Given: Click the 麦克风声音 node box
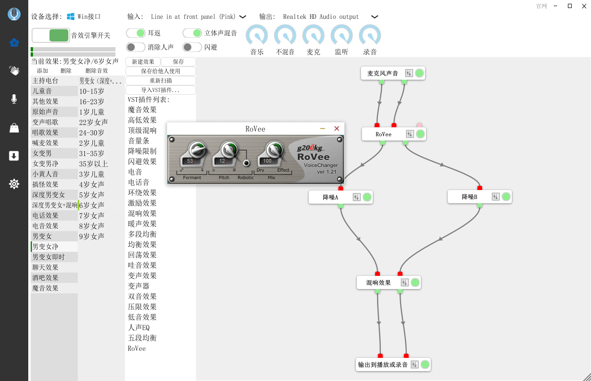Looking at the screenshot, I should pos(383,73).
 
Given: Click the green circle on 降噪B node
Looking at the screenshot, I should pos(506,197).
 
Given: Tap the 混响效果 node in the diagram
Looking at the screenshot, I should pos(378,282).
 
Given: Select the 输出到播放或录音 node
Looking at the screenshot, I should pos(383,364).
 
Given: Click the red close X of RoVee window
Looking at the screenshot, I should pos(337,129).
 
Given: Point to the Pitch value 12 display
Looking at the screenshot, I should pos(222,161).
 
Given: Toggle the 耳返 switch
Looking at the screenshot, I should pos(136,33).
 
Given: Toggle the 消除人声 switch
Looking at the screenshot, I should pos(136,47).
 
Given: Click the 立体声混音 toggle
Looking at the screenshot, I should pos(192,33).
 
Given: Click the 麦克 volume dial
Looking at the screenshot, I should pos(313,36).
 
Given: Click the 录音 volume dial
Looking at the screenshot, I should pos(370,36).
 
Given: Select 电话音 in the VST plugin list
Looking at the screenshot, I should pos(139,182).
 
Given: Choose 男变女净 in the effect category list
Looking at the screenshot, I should pos(45,247).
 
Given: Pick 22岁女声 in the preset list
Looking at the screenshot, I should pos(93,122).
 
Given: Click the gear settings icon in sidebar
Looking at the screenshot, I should pos(14,184).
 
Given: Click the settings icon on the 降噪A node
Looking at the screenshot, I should pos(356,197).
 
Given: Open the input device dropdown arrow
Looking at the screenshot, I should pos(243,17).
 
